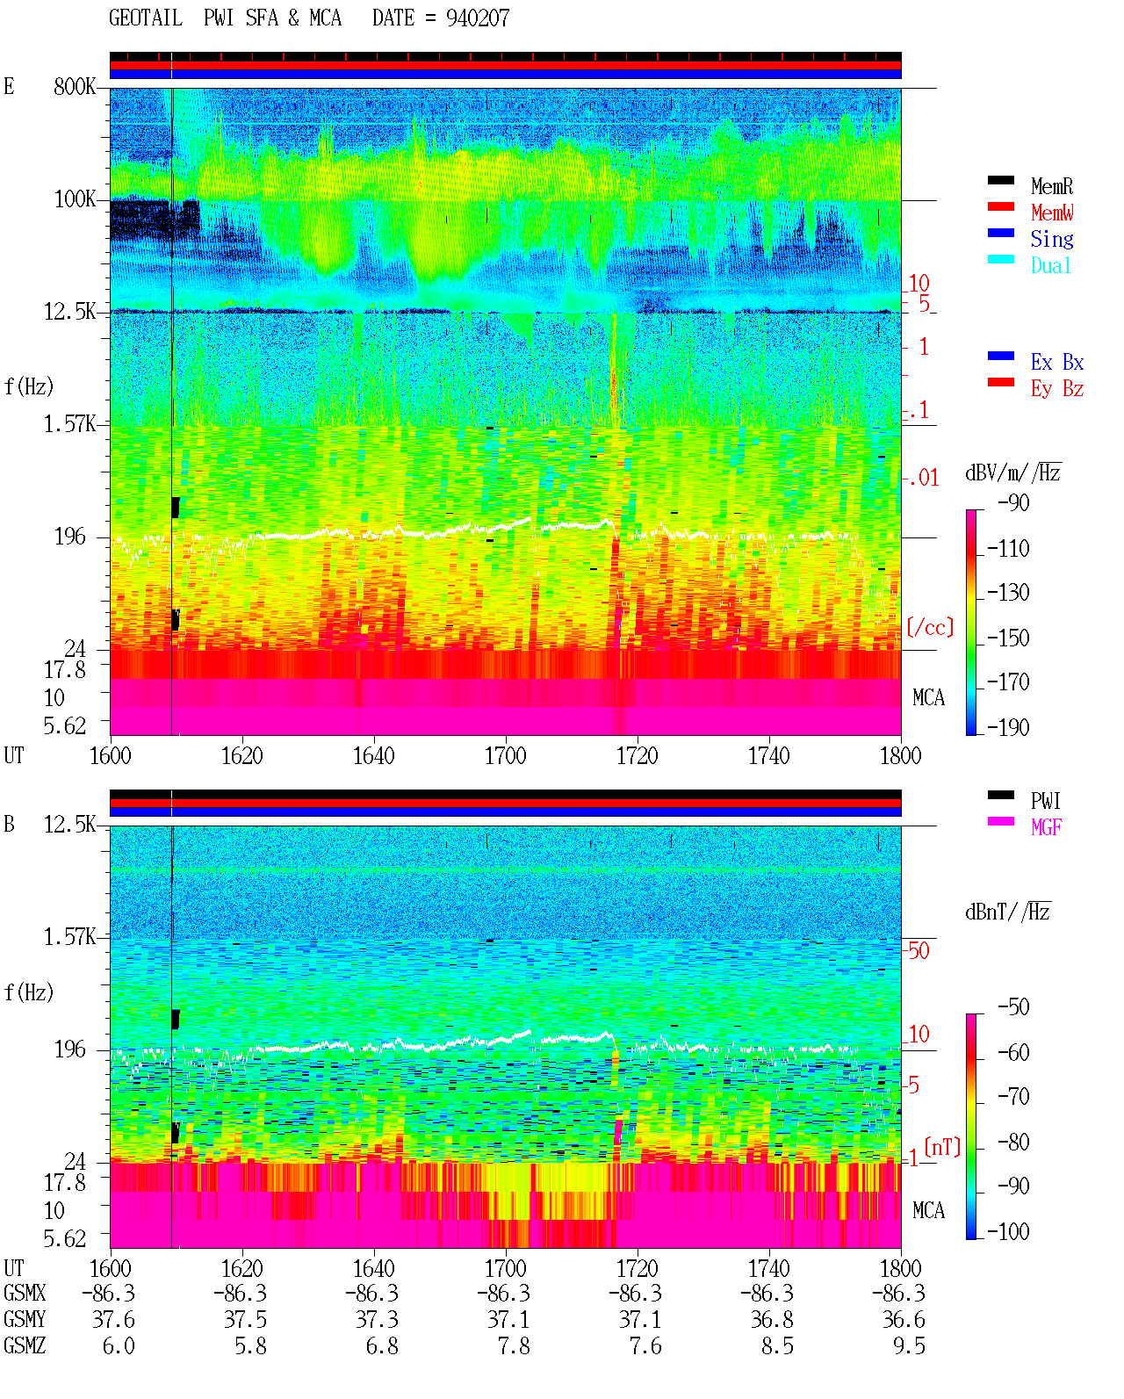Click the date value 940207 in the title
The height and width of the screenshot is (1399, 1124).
click(x=477, y=18)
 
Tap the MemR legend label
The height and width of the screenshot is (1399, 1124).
click(x=1051, y=186)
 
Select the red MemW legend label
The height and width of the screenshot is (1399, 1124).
click(x=1052, y=213)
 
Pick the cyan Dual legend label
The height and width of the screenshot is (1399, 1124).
click(x=1050, y=265)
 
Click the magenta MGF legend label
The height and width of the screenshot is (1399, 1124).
click(x=1046, y=827)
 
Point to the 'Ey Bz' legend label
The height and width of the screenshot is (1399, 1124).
click(x=1057, y=388)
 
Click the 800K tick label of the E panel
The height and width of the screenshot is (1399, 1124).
click(x=74, y=86)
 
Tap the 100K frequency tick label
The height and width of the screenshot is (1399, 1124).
click(x=74, y=199)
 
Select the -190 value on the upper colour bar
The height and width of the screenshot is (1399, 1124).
click(x=1008, y=727)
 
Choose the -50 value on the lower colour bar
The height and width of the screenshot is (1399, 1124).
click(x=1013, y=1007)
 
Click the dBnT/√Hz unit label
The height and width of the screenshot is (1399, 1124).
click(x=1008, y=912)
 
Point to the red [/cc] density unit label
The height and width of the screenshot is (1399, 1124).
click(x=930, y=627)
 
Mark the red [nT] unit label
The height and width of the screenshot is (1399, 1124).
click(x=942, y=1147)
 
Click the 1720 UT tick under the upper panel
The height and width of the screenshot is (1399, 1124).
click(x=638, y=756)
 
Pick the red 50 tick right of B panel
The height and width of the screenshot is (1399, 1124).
click(x=919, y=951)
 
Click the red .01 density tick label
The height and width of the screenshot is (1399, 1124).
click(x=924, y=479)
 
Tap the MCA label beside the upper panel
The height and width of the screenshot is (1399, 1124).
click(x=928, y=697)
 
